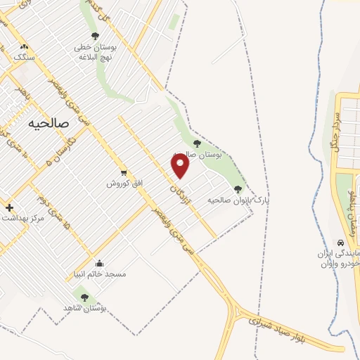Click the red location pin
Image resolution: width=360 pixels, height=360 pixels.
tap(181, 165)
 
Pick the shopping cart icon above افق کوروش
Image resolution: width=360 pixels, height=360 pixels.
tap(124, 172)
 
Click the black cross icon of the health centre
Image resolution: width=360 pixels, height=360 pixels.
tap(9, 207)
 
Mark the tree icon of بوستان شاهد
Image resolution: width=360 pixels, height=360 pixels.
tap(84, 297)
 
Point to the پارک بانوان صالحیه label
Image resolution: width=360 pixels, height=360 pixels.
tap(238, 200)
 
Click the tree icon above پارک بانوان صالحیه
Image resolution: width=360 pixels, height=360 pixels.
tap(238, 188)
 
